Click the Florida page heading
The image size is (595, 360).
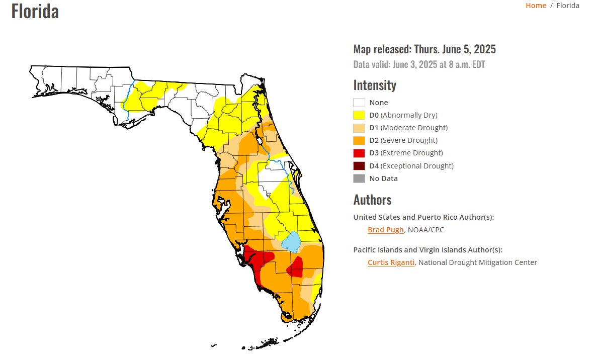[x=35, y=11]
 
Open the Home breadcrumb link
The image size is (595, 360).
[x=536, y=6]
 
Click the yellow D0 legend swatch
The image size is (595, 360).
[x=359, y=115]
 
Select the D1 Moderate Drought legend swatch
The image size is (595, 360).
[x=359, y=128]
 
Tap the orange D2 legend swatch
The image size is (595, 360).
[x=359, y=140]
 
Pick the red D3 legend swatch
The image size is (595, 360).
[x=359, y=153]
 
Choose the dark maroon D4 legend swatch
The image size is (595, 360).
[x=359, y=166]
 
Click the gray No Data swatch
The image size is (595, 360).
[x=359, y=178]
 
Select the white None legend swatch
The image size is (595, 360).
[x=359, y=103]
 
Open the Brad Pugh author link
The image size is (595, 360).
[x=385, y=230]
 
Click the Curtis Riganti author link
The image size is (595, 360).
[x=391, y=262]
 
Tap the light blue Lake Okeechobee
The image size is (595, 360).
[x=291, y=242]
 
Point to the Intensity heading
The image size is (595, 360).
[x=375, y=85]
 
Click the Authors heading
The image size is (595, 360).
[x=372, y=200]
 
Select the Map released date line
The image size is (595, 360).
[x=424, y=49]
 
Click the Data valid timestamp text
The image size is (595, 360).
[x=419, y=64]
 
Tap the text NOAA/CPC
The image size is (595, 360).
[x=426, y=230]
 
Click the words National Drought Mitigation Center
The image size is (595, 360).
[x=477, y=262]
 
